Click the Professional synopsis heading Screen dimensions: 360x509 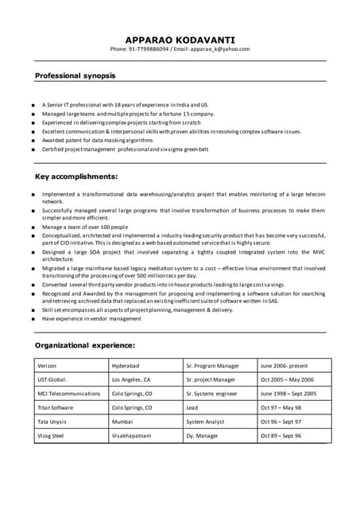pyautogui.click(x=75, y=76)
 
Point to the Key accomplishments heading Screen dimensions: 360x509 pyautogui.click(x=76, y=176)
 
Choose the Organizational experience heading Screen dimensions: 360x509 pyautogui.click(x=85, y=345)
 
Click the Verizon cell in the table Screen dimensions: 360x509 pyautogui.click(x=48, y=366)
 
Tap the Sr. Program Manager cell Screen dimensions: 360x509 pyautogui.click(x=212, y=366)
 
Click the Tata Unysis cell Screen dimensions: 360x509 pyautogui.click(x=52, y=422)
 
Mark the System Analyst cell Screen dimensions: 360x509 pyautogui.click(x=206, y=422)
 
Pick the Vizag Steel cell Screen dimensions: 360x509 pyautogui.click(x=52, y=436)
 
